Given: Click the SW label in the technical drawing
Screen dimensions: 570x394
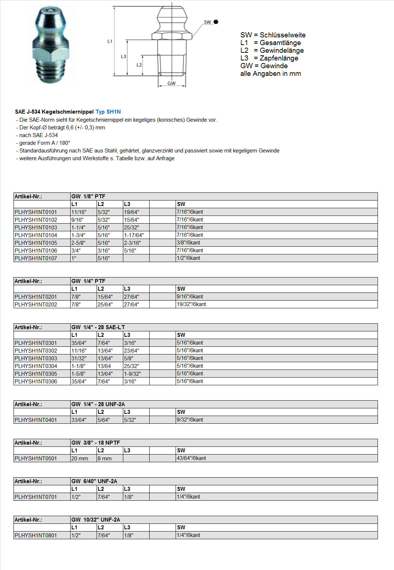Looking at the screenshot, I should [x=207, y=22].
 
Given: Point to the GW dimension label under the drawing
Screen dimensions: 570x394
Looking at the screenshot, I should [x=172, y=83].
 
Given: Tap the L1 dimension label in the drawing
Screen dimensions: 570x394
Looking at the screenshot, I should [x=110, y=41].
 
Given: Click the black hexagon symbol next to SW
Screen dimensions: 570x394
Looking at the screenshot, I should [x=216, y=22].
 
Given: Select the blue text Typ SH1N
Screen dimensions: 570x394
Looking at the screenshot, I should [x=108, y=112].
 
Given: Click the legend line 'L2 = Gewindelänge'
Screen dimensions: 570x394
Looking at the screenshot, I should [x=272, y=51].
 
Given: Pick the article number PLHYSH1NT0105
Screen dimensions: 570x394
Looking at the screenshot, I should [x=36, y=243].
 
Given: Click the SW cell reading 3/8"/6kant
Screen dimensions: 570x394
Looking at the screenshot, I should [x=188, y=243].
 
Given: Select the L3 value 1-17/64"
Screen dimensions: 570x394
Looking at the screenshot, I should [x=134, y=235].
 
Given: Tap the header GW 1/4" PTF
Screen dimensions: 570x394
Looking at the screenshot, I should [x=89, y=281].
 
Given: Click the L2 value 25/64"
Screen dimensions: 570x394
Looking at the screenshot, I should [x=105, y=304].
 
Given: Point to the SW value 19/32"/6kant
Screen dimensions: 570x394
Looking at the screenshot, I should [x=191, y=304].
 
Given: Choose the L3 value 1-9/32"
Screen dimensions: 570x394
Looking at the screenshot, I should [x=132, y=374].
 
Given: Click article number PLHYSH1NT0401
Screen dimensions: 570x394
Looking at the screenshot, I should [x=36, y=420].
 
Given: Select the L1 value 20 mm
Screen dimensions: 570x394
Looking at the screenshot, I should [x=80, y=458].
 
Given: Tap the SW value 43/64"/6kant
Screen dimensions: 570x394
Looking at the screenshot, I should [x=191, y=458].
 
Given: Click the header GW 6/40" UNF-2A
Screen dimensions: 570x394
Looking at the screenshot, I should [x=94, y=481].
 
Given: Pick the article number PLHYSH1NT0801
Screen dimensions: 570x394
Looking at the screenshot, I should [x=36, y=535].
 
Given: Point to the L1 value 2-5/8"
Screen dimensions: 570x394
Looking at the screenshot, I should [x=78, y=243].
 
